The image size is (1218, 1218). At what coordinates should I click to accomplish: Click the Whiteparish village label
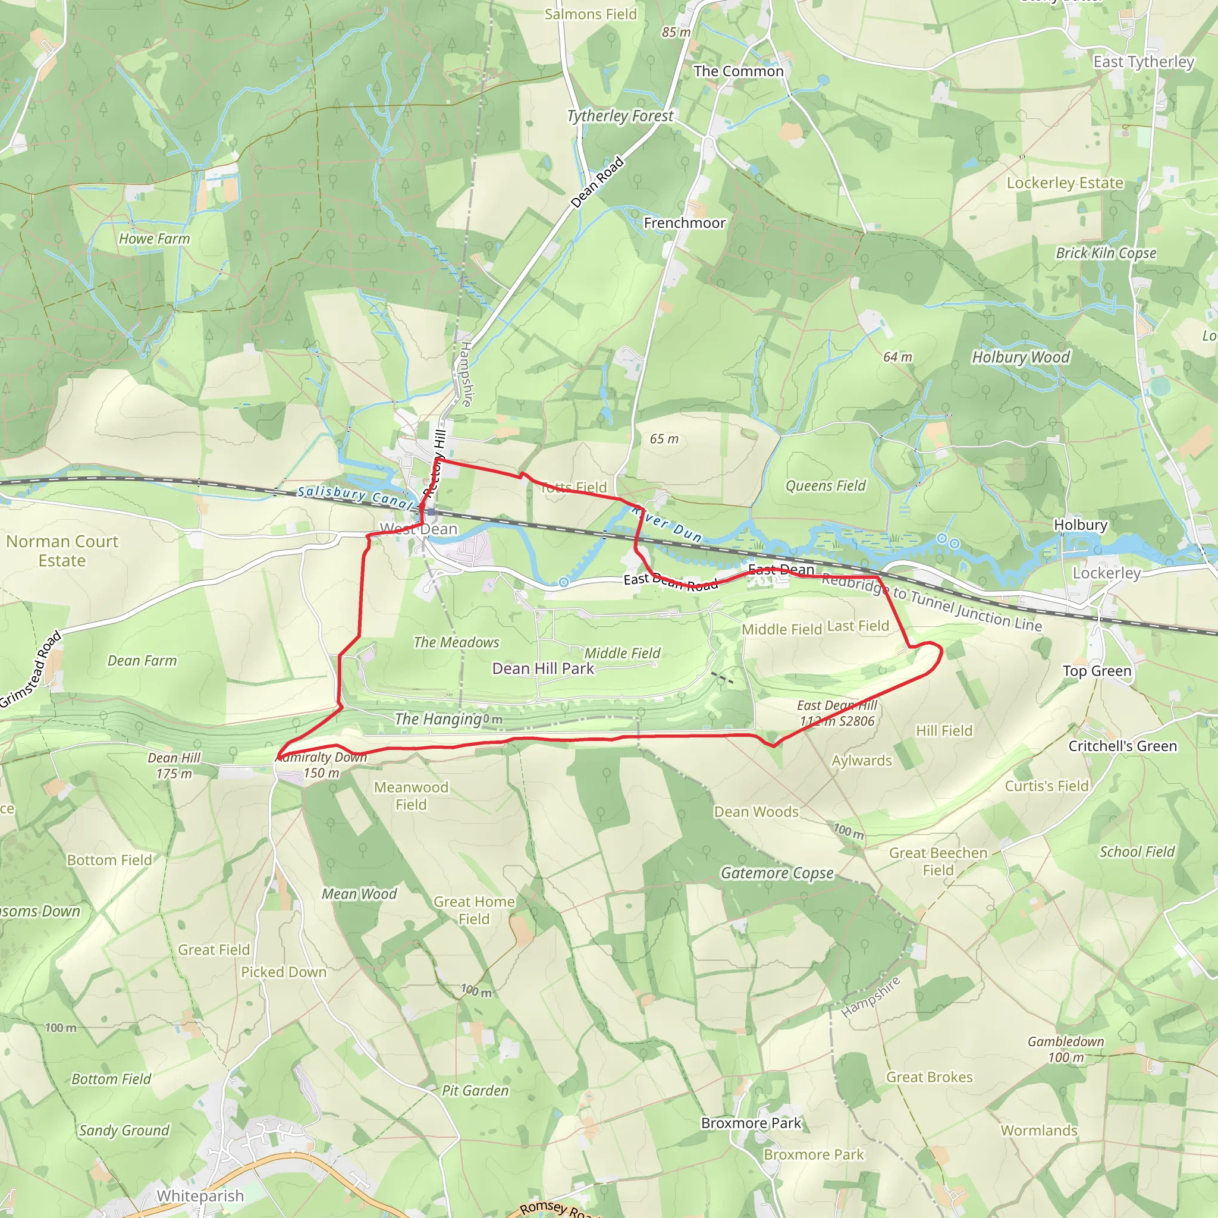(200, 1195)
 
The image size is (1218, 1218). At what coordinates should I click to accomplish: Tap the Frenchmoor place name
(684, 223)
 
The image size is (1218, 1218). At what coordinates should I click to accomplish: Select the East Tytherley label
(1144, 62)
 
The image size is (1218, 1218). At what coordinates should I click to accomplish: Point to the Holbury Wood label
(1021, 357)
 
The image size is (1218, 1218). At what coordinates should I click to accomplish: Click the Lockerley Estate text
(1065, 183)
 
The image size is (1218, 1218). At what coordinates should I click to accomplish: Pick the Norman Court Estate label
(62, 551)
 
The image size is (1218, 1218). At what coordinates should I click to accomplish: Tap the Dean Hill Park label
(543, 668)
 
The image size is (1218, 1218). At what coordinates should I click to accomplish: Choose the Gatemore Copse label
(777, 873)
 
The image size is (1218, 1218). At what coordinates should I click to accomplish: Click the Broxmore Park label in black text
(751, 1123)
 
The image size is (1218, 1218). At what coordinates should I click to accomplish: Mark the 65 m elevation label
(664, 439)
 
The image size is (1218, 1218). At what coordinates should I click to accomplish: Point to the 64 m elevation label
(897, 357)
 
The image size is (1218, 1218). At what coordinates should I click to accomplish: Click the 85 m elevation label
(676, 32)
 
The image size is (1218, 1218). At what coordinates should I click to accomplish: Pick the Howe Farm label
(155, 239)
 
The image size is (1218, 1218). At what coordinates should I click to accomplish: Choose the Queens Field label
(825, 485)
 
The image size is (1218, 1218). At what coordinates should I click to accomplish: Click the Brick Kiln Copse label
(1106, 253)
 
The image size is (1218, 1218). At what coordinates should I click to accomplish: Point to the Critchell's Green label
(1122, 746)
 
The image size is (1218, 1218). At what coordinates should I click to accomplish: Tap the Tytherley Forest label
(620, 116)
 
